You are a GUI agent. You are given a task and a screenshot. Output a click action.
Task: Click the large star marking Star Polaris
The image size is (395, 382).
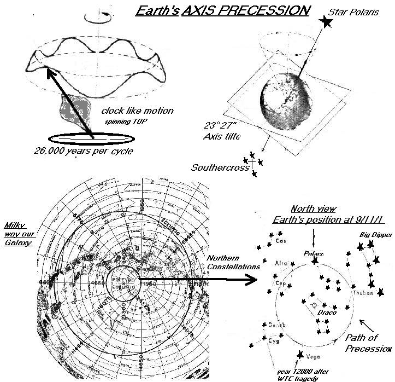tap(327, 22)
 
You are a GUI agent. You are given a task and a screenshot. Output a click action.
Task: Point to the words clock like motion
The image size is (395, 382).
tap(138, 111)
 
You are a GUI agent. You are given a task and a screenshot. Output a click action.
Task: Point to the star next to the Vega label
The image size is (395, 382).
tap(299, 355)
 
